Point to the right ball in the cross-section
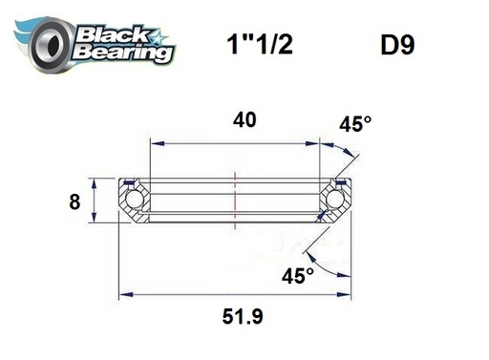[x=336, y=199]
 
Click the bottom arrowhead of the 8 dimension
[x=94, y=219]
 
